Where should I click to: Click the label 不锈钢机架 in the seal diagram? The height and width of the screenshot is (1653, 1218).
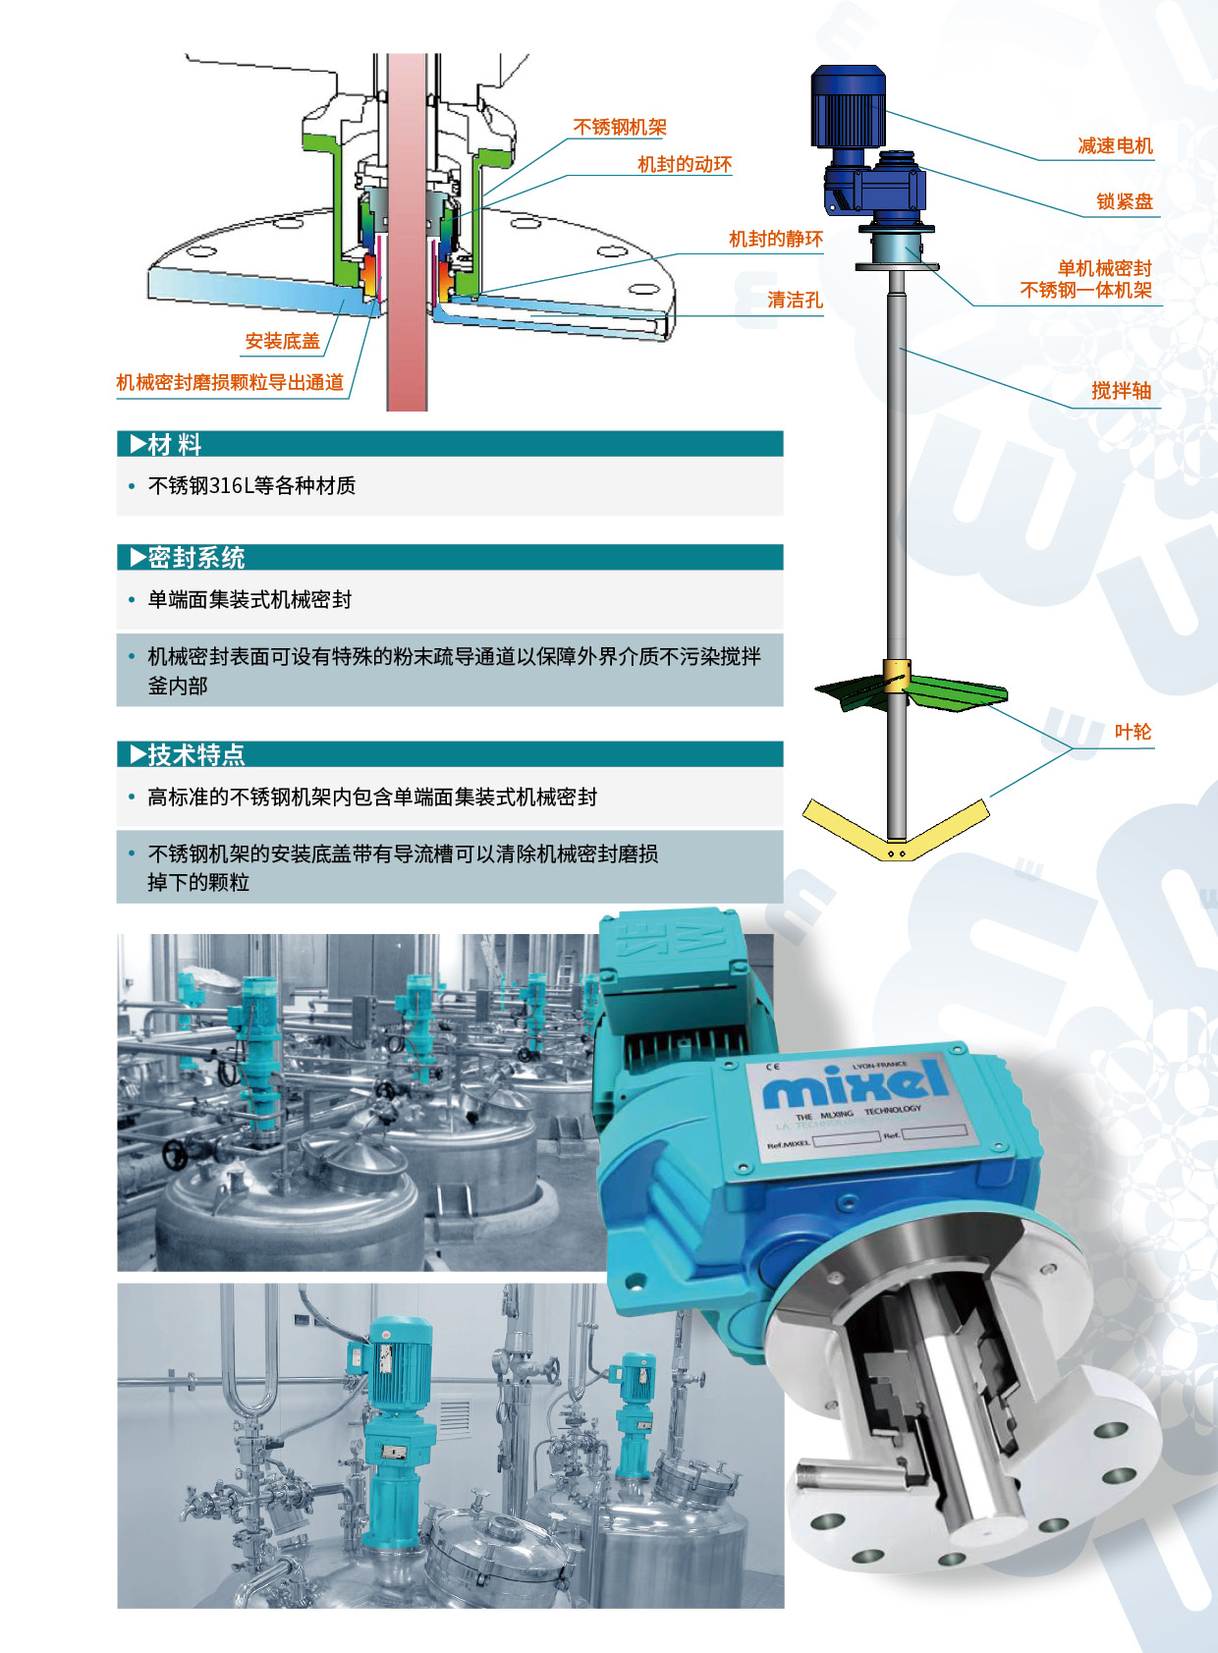point(620,127)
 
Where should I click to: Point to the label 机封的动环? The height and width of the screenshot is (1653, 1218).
point(685,165)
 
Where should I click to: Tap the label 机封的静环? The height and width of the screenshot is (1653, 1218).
point(776,239)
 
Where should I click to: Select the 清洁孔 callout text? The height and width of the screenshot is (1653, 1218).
point(795,300)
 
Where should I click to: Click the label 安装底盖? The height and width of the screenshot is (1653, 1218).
point(283,341)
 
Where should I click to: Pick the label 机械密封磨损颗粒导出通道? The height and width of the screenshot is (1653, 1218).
point(230,382)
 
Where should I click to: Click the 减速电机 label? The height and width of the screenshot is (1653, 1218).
point(1116,146)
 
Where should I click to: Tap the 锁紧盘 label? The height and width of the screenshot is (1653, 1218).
point(1125,201)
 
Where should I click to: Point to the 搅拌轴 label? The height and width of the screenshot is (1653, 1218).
point(1122,391)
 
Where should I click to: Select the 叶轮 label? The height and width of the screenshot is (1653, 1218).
point(1134,732)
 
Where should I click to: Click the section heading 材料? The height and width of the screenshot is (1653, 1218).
point(174,444)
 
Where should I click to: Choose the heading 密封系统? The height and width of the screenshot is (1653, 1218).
point(196,558)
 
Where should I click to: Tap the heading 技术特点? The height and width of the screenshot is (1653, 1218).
point(196,755)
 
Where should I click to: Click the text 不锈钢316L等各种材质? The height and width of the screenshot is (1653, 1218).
point(251,485)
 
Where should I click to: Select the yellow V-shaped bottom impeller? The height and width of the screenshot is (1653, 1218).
point(896,830)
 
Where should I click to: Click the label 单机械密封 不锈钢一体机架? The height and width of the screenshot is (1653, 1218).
point(1085,279)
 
